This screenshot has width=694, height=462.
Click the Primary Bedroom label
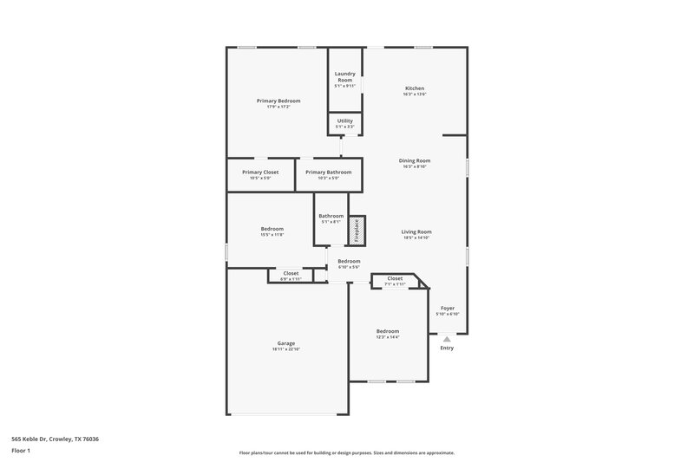point(278,101)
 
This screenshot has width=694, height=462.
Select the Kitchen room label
point(415,88)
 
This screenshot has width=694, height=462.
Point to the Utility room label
point(344,120)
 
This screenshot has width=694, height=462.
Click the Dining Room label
point(415,160)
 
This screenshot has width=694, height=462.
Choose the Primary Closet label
point(260,172)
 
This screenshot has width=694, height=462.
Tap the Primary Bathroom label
point(329,172)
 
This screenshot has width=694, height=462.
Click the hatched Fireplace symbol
point(356,229)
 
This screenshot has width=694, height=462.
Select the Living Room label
point(416,231)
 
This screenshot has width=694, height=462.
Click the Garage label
point(285,343)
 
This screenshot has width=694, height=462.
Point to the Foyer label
point(448,308)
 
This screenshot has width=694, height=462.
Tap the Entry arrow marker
point(447,339)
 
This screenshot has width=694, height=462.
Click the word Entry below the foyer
point(447,348)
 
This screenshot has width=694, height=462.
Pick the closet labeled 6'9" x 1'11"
point(291,276)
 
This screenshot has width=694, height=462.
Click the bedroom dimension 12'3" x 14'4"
point(388,336)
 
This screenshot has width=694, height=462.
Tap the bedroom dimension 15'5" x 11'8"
point(272,234)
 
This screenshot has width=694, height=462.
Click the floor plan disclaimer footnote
point(347,452)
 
